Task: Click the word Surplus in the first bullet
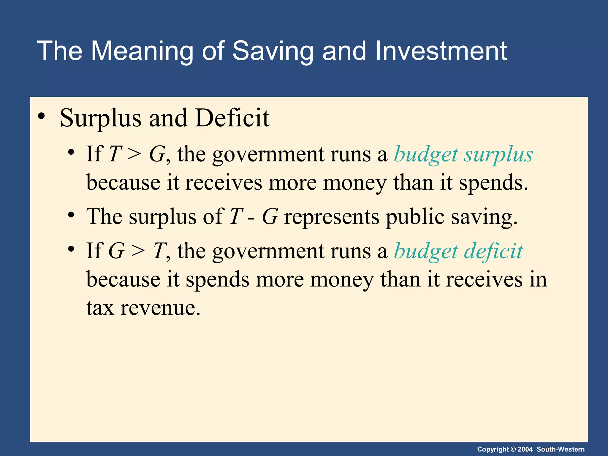pyautogui.click(x=100, y=118)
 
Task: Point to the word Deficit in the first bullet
pyautogui.click(x=232, y=118)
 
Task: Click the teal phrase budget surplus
pyautogui.click(x=463, y=154)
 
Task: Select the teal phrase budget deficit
pyautogui.click(x=458, y=251)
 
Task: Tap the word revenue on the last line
pyautogui.click(x=160, y=308)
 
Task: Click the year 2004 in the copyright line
pyautogui.click(x=525, y=449)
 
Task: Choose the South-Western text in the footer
pyautogui.click(x=560, y=449)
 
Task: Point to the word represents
pyautogui.click(x=332, y=217)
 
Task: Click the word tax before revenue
pyautogui.click(x=100, y=308)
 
